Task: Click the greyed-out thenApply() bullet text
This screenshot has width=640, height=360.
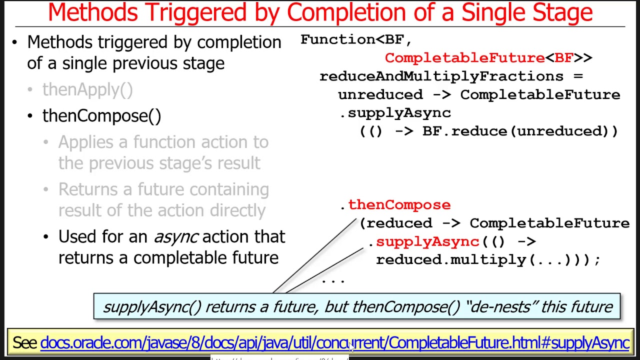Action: point(87,89)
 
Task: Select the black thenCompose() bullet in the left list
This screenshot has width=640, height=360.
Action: point(101,115)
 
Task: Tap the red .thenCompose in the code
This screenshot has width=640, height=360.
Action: point(399,204)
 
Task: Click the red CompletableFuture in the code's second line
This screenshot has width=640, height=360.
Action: point(464,58)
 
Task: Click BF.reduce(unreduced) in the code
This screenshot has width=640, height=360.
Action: point(520,131)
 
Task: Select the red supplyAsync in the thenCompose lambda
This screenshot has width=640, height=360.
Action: point(427,241)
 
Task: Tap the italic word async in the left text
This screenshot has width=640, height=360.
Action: point(175,236)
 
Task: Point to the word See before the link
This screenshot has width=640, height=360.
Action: point(24,343)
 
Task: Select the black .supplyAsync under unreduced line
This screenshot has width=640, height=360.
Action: point(395,113)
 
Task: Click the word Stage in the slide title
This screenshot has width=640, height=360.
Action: point(562,12)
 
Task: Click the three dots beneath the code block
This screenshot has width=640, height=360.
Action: point(333,281)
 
